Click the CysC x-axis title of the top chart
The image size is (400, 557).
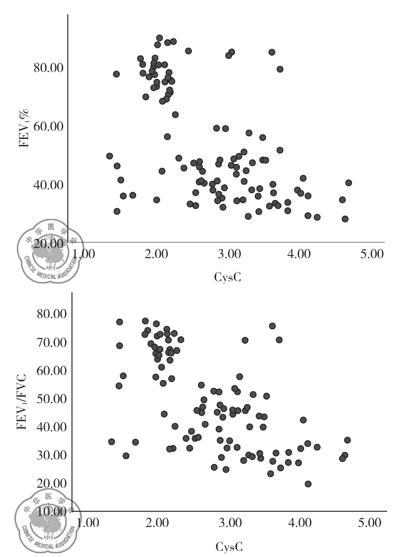click(228, 278)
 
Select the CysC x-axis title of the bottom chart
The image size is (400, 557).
click(228, 547)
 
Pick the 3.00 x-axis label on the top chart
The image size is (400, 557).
click(228, 254)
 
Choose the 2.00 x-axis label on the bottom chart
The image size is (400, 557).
click(157, 524)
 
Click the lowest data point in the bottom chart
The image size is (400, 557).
click(308, 484)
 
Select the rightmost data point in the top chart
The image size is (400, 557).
click(348, 183)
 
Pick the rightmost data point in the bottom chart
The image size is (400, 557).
click(347, 440)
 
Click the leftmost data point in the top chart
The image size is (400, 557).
click(109, 156)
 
